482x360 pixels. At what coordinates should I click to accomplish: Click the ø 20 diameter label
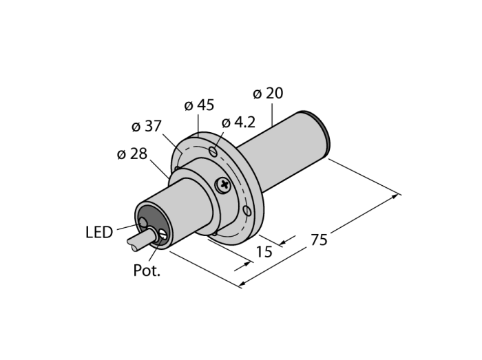pos(268,94)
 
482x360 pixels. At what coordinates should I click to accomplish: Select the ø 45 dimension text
pos(199,105)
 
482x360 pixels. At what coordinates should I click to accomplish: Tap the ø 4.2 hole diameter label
pos(238,123)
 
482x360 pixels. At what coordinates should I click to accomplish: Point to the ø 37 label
pos(146,127)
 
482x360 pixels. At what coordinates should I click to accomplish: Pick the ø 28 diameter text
pos(132,154)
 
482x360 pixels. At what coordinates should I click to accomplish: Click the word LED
pos(99,233)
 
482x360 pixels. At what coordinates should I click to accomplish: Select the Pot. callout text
pos(147,271)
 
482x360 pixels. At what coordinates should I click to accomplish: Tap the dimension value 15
pos(264,252)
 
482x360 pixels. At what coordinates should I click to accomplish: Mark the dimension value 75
pos(319,240)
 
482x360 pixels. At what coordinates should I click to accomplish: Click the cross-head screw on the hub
pos(222,184)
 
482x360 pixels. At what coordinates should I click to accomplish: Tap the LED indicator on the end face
pos(143,222)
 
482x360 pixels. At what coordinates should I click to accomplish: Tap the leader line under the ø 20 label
pos(273,113)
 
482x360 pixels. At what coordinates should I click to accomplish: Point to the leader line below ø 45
pos(198,124)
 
